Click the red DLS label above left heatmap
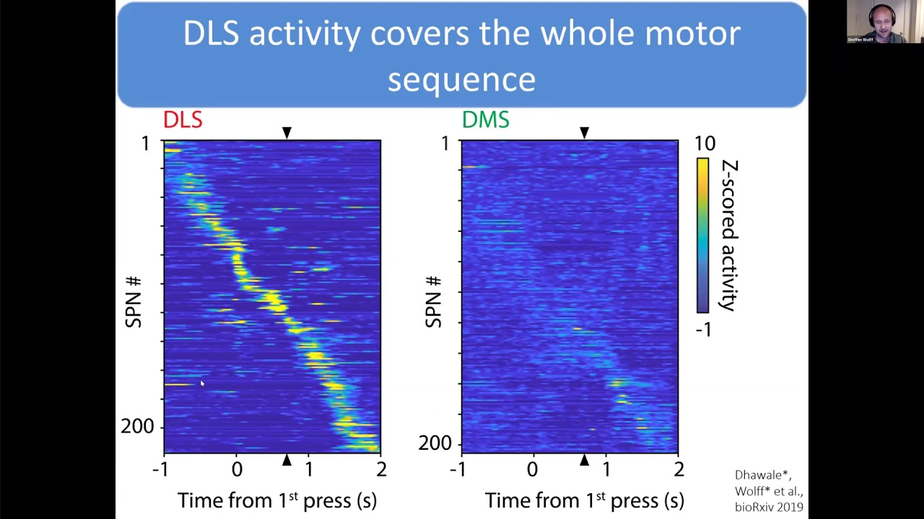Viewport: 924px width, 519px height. [x=183, y=120]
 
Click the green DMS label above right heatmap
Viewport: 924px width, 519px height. [x=485, y=120]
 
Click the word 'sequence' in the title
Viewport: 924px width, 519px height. [x=461, y=79]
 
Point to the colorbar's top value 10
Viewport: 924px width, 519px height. [x=705, y=143]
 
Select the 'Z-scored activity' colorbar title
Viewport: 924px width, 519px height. [x=729, y=235]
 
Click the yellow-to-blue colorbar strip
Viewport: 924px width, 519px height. [x=702, y=235]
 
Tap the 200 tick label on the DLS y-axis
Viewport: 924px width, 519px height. [x=137, y=427]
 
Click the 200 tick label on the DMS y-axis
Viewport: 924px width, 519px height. [x=435, y=443]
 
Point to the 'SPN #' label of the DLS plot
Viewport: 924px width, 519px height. [x=134, y=301]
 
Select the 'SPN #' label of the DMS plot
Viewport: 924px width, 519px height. [x=433, y=301]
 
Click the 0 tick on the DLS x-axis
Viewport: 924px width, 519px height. [x=237, y=470]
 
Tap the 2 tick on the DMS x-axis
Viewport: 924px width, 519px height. [x=678, y=470]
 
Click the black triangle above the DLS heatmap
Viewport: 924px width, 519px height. [x=287, y=133]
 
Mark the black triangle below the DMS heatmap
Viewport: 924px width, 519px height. [x=584, y=460]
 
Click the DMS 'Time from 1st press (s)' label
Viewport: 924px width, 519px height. [x=584, y=500]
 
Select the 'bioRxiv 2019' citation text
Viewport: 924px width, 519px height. [x=769, y=507]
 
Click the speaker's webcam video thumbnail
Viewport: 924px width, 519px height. [x=879, y=22]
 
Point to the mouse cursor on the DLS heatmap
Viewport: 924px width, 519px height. [x=202, y=383]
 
